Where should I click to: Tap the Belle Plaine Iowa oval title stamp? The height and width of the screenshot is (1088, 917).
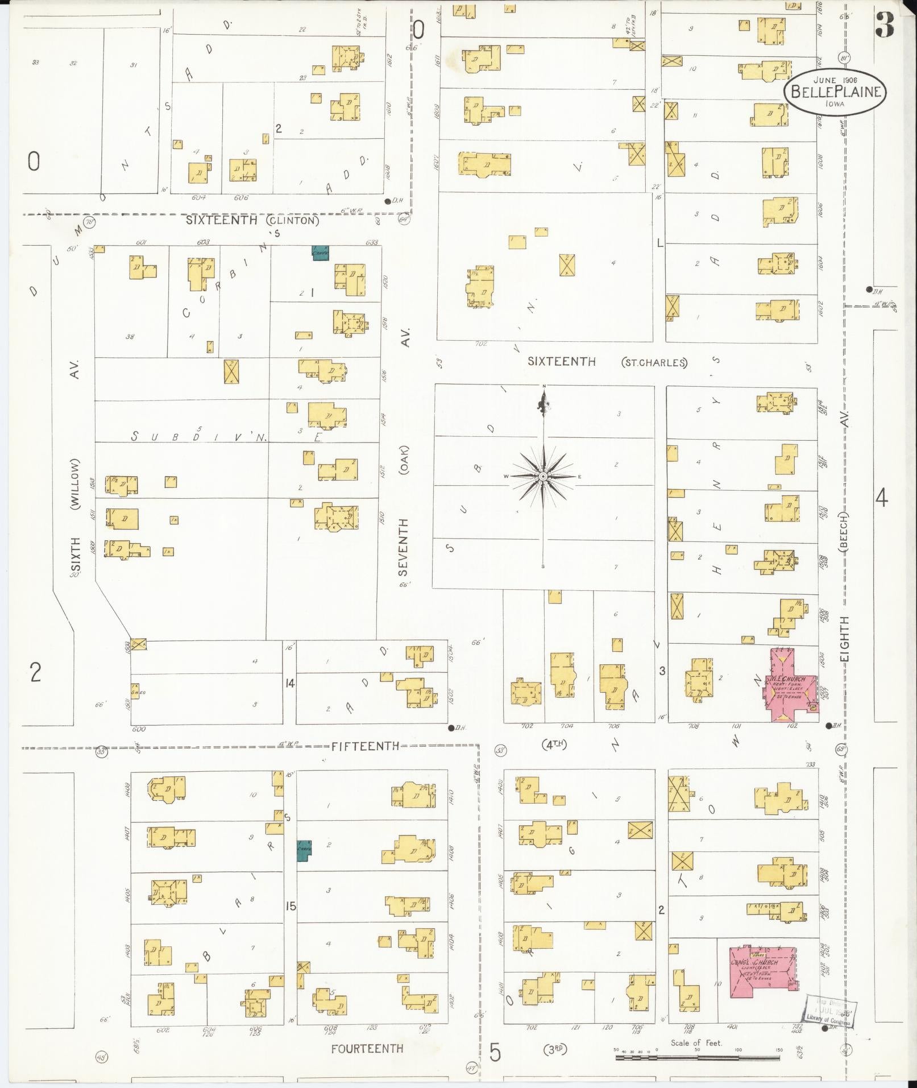[835, 92]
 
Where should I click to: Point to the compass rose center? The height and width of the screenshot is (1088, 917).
[543, 476]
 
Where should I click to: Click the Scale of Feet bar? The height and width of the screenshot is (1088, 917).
[697, 1058]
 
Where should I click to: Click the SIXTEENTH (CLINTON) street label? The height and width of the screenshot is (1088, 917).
[252, 220]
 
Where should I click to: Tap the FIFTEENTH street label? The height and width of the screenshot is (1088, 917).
[366, 746]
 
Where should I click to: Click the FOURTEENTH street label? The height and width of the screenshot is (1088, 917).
[367, 1048]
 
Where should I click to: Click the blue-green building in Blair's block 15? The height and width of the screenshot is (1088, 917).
[304, 850]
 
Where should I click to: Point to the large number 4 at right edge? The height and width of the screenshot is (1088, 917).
[881, 498]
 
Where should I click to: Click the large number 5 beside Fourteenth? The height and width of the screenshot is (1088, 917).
[495, 1052]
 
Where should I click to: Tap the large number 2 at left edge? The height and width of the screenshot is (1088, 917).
[35, 672]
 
